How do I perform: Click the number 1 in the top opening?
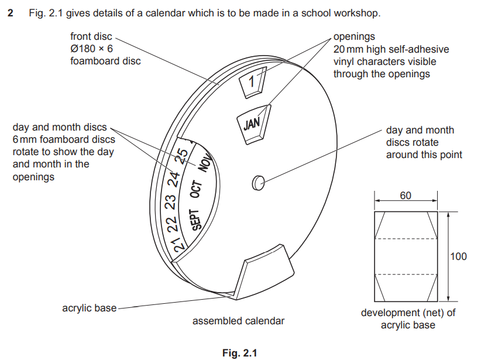point(252,81)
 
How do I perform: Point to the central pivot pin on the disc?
point(257,183)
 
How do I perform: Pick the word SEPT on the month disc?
point(197,221)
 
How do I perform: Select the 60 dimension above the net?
point(406,196)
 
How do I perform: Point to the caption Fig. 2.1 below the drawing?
point(240,353)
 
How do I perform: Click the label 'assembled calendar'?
point(238,321)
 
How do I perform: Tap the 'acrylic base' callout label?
point(90,307)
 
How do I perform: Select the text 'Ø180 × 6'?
point(91,49)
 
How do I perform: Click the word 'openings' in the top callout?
point(354,36)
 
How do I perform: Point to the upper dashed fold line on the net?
point(406,239)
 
